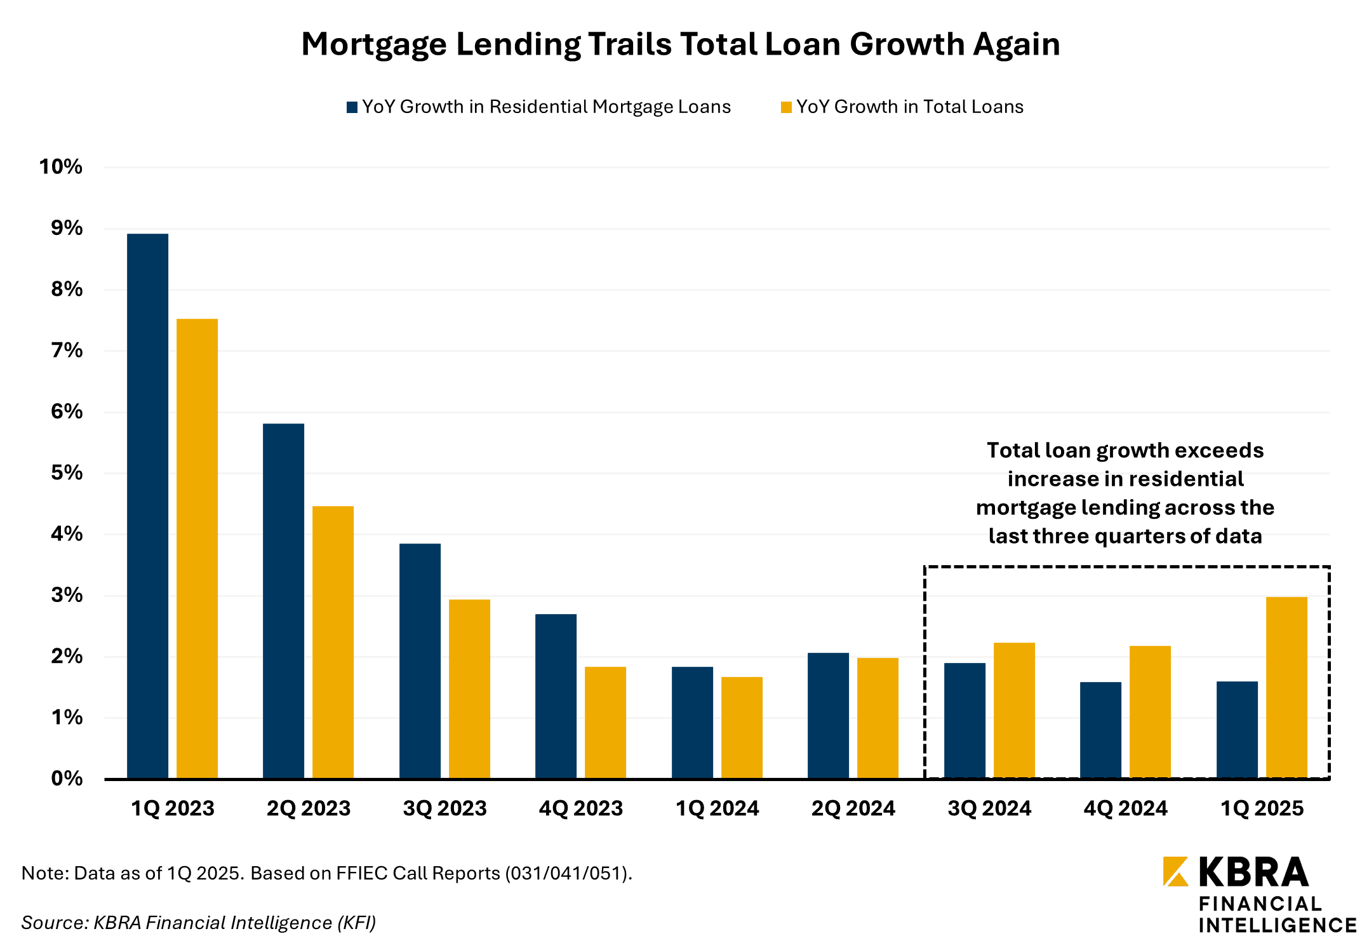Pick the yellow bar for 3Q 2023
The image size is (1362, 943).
[x=469, y=688]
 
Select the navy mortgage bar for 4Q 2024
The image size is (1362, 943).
[x=1100, y=730]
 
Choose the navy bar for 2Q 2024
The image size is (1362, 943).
[x=828, y=715]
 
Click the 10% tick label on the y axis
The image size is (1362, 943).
[x=61, y=167]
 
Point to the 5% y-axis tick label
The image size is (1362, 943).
[x=67, y=473]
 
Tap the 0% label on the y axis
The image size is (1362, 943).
[x=67, y=779]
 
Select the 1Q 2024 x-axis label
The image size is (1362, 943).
[x=717, y=808]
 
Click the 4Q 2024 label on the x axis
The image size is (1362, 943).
[x=1125, y=808]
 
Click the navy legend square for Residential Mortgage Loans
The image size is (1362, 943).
[x=352, y=107]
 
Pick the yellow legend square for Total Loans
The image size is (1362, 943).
[x=786, y=107]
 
